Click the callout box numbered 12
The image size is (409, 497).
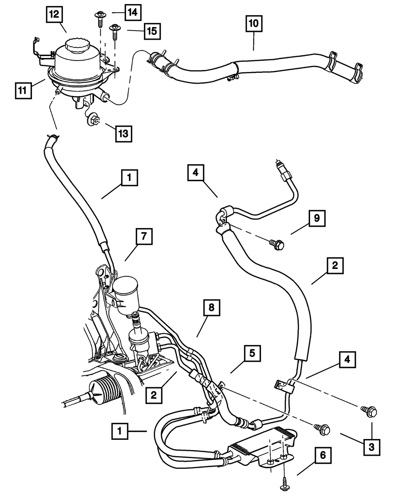coord(54,14)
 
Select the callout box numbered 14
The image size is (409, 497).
coord(133,12)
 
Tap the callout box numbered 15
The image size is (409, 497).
coord(153,31)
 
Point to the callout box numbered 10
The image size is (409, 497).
coord(254,24)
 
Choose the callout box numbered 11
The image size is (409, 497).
coord(23,90)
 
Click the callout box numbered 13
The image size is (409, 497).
coord(124,134)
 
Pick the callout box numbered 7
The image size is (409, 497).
coord(144,236)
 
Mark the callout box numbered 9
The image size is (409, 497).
coord(317,218)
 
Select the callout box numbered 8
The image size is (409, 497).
coord(211,308)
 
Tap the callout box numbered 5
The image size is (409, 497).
coord(252,354)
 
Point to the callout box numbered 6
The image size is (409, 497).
coord(323,455)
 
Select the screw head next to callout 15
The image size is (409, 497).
coord(115,28)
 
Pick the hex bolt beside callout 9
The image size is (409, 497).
coord(277,244)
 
